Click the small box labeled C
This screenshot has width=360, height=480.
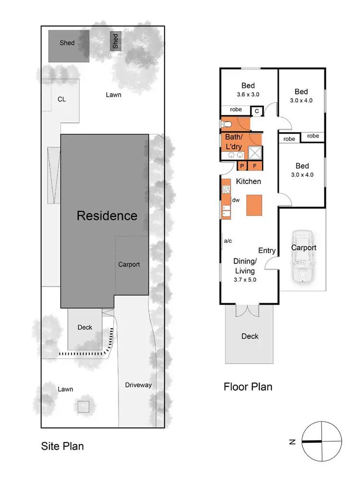257,111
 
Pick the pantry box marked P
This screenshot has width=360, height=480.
242,166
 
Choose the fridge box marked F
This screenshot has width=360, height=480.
255,166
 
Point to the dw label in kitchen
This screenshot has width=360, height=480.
236,200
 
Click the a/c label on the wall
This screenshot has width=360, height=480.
228,240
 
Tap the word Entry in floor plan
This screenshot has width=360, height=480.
267,251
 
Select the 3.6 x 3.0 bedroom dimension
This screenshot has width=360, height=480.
248,95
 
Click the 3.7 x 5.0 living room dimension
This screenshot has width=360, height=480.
244,279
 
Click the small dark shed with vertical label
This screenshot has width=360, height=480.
115,41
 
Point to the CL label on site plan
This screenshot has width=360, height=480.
61,99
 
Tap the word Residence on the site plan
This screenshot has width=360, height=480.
107,216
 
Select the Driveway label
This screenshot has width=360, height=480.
138,385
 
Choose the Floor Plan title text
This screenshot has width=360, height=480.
248,386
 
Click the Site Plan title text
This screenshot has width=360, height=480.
62,446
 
